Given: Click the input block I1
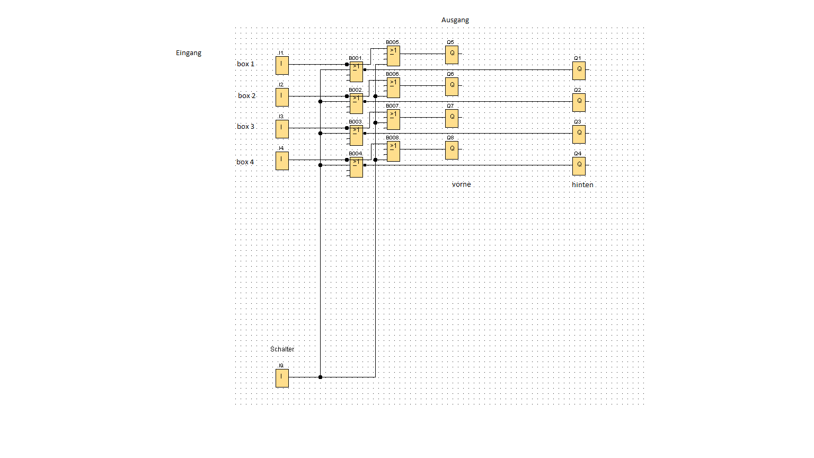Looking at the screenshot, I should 282,65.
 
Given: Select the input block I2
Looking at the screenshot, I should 282,97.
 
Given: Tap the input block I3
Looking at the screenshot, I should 282,129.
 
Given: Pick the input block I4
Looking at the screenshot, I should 282,161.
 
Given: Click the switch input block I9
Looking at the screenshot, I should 282,378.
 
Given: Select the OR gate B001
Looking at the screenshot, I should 356,72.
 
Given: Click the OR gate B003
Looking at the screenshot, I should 356,135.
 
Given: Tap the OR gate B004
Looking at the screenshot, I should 356,167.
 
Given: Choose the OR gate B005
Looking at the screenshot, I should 393,56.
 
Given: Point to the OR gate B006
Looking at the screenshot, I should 393,87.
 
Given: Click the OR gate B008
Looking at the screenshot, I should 393,151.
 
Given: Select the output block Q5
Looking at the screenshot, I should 452,55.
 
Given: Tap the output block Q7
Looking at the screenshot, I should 452,118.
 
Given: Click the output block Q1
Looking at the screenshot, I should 579,71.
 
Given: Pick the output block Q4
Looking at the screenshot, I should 579,166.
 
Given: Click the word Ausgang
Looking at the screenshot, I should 455,20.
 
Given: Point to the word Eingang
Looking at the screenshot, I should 189,53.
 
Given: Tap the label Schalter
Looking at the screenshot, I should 282,349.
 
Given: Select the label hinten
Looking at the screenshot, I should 582,185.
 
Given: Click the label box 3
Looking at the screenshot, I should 245,127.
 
